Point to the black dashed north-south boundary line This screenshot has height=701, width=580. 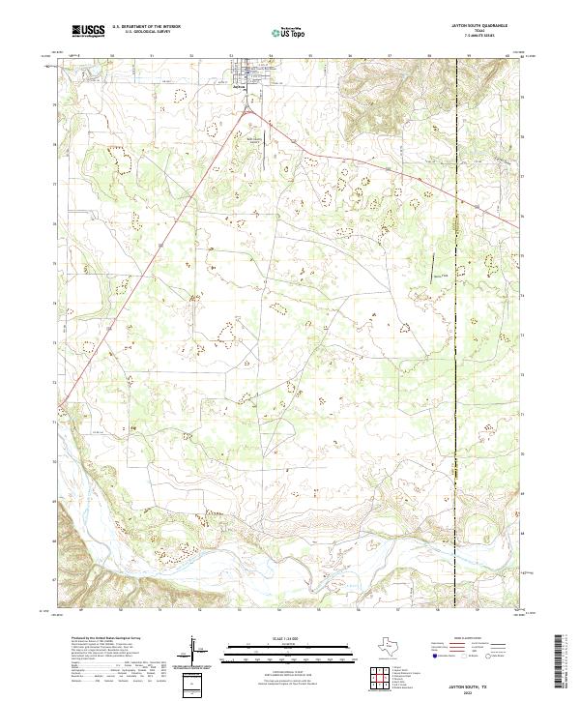[455, 387]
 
